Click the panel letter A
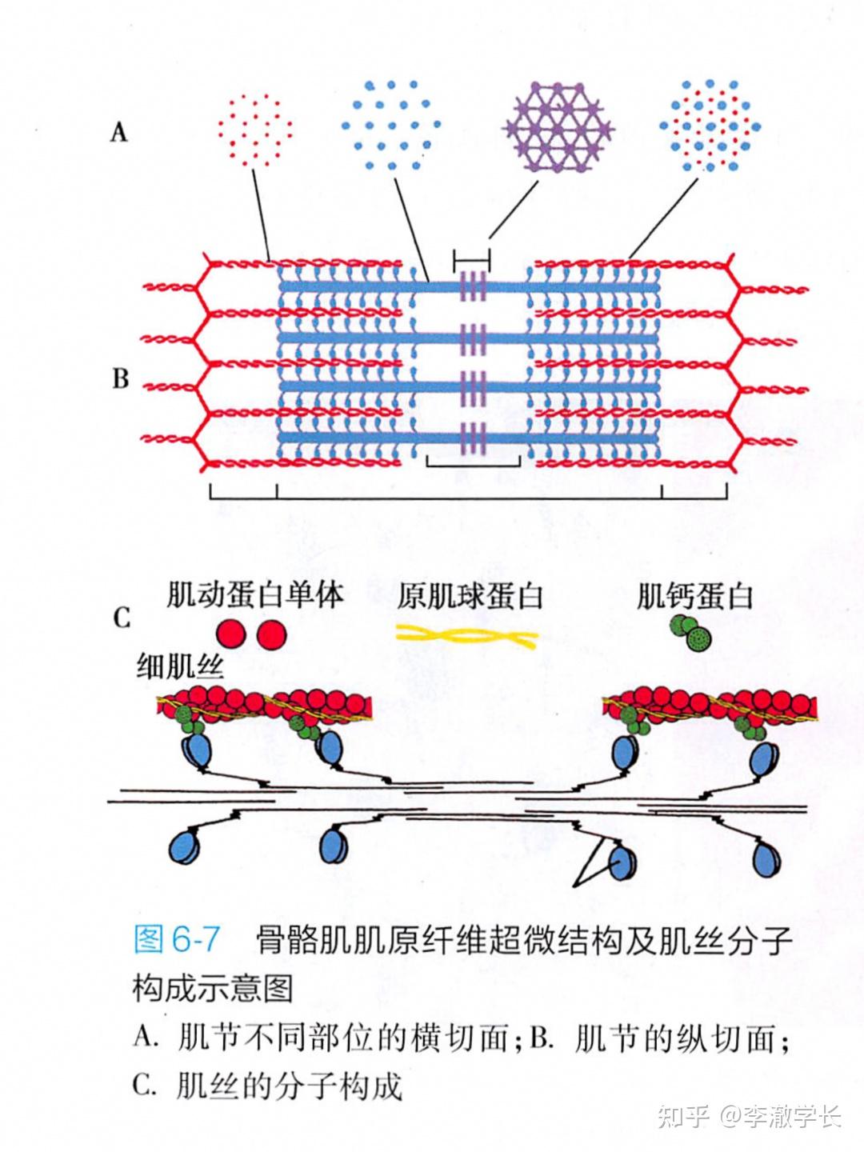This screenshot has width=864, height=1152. tap(119, 131)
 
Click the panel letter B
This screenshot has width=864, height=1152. tap(120, 378)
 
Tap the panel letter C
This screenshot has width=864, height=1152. tap(121, 618)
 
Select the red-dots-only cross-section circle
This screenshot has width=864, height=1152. tap(254, 129)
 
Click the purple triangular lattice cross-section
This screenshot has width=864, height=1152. tap(558, 126)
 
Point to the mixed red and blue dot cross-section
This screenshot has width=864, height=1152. tap(710, 126)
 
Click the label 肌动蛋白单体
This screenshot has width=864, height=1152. tap(254, 595)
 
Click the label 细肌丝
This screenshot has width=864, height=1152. tap(180, 666)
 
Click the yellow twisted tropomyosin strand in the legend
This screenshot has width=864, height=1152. tap(468, 637)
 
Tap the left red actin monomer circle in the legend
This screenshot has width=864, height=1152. tap(230, 634)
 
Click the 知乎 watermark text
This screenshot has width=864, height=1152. tap(684, 1116)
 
